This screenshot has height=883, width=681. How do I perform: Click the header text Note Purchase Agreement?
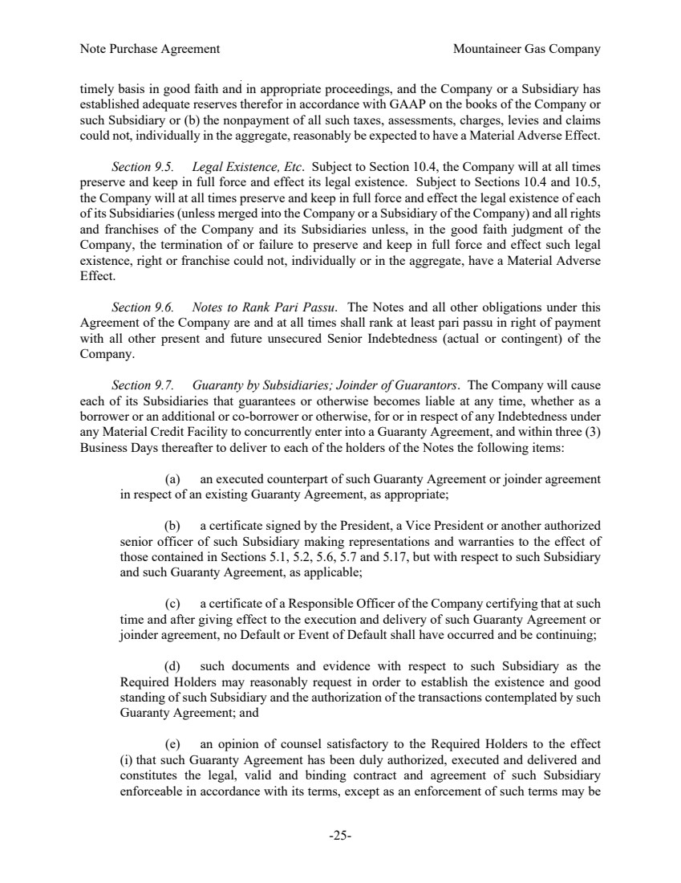150,49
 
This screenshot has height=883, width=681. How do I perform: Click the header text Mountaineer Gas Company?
526,49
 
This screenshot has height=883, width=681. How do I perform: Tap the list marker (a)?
173,479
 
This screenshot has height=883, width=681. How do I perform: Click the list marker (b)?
173,527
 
